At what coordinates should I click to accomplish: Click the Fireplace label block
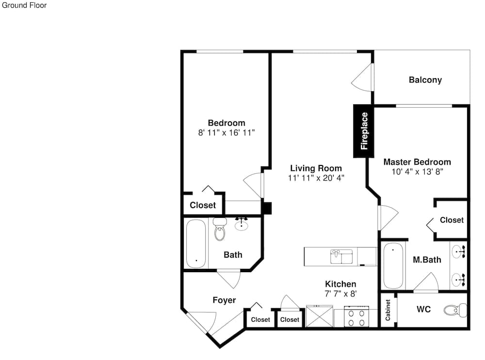tap(364, 131)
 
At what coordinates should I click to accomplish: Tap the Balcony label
tap(425, 80)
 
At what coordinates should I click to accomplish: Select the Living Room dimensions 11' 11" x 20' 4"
tap(316, 178)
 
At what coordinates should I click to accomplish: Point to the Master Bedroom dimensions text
tap(417, 171)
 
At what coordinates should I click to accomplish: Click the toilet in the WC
tap(455, 310)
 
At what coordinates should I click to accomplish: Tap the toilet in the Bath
tap(220, 229)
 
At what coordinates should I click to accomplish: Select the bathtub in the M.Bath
tap(393, 265)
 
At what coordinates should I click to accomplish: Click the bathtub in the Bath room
tap(196, 244)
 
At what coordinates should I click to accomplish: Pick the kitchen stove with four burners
tap(356, 316)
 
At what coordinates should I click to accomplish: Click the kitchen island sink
tap(341, 256)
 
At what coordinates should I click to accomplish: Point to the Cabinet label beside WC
tap(388, 310)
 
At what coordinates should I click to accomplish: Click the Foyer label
tap(224, 300)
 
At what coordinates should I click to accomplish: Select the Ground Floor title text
tap(24, 5)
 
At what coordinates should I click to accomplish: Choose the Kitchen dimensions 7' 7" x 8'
tap(340, 294)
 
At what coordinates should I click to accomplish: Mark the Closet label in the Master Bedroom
tap(452, 220)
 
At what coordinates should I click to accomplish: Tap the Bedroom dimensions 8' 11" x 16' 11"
tap(226, 133)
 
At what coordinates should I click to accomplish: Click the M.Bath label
tap(427, 260)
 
